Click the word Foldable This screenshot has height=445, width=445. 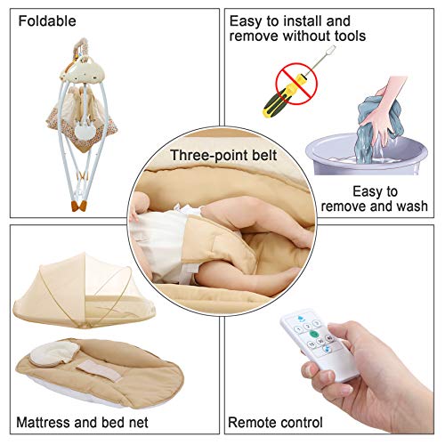coord(47,21)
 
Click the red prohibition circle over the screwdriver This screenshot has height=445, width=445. coord(296,84)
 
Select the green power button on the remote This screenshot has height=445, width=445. coord(313,334)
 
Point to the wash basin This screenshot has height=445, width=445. coord(367,154)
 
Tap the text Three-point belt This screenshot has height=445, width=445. coord(223,155)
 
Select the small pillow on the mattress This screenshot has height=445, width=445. coord(54,353)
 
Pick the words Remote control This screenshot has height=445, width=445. coord(275,422)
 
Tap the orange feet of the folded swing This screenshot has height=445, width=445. coord(79,206)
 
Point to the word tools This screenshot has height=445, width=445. coord(350,36)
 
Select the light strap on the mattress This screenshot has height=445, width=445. coord(100,371)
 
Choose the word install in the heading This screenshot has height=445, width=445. coord(301,21)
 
